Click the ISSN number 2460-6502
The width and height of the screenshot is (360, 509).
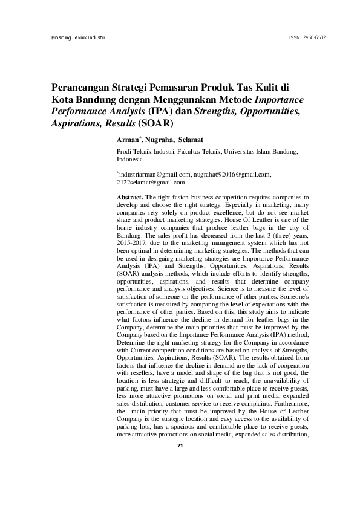point(315,37)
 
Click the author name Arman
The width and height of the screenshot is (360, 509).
point(128,140)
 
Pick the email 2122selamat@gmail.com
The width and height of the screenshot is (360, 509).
point(150,181)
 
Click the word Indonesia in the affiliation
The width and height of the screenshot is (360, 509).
point(130,160)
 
